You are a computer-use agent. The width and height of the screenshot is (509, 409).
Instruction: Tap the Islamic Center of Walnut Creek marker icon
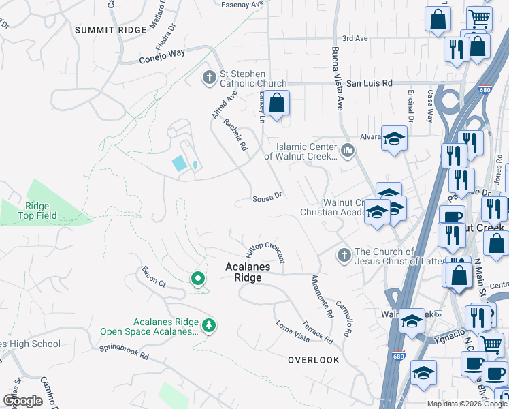(x=348, y=149)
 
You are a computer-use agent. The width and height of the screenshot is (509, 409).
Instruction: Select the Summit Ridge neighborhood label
(x=111, y=30)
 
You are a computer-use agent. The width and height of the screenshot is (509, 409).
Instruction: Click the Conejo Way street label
(x=163, y=52)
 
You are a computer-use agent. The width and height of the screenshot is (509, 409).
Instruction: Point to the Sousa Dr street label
(x=267, y=196)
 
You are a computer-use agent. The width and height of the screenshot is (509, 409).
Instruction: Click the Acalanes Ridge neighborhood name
(x=248, y=273)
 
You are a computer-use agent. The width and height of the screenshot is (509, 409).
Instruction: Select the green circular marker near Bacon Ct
(x=197, y=278)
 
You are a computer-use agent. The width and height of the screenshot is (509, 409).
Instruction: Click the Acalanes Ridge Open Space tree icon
(x=210, y=323)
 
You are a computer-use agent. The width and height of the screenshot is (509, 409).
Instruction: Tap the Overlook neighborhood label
(x=313, y=359)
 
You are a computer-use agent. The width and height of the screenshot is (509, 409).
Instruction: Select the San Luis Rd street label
(x=370, y=83)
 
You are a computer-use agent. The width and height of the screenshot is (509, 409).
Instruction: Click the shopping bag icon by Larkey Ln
(x=277, y=104)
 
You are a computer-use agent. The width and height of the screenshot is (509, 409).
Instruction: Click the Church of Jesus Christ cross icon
(x=344, y=255)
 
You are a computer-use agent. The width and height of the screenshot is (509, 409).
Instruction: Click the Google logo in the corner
(x=22, y=401)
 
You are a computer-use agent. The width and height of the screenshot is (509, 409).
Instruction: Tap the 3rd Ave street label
(x=355, y=39)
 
